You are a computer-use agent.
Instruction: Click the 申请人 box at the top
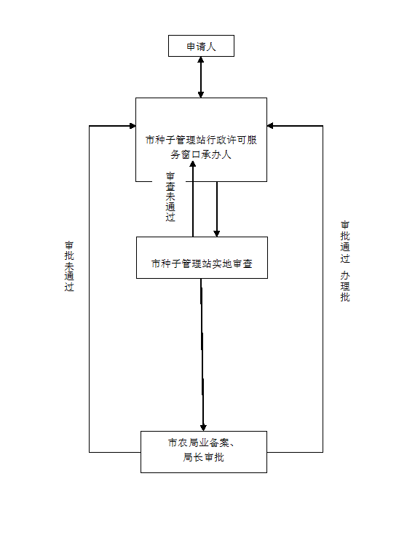click(201, 46)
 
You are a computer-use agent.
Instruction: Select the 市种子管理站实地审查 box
click(202, 258)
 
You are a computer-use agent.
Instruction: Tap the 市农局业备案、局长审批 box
click(204, 452)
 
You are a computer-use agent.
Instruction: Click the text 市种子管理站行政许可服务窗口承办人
click(201, 147)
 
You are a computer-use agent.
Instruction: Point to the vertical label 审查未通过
click(170, 197)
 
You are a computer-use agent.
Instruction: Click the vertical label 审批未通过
click(69, 266)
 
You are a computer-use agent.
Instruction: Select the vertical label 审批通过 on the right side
click(345, 242)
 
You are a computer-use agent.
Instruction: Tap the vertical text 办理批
click(345, 286)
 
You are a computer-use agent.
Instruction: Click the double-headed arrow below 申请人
click(201, 77)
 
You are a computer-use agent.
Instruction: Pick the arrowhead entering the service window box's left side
click(133, 126)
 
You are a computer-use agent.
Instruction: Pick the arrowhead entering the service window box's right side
click(270, 126)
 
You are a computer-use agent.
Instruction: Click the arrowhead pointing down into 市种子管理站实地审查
click(217, 234)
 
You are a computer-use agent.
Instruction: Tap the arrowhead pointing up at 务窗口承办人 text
click(193, 164)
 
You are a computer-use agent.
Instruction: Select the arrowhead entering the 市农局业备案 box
click(203, 427)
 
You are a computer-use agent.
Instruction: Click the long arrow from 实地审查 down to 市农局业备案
click(202, 355)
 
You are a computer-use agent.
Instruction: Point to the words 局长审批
click(203, 457)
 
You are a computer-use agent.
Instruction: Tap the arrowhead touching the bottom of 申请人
click(201, 60)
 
